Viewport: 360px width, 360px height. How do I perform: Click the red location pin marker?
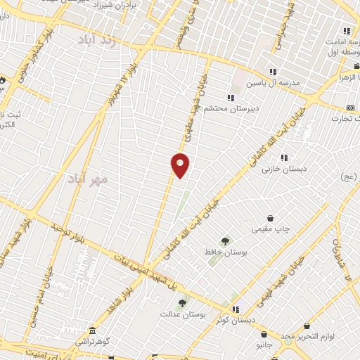[181, 165]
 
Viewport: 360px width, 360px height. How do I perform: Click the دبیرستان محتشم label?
[226, 109]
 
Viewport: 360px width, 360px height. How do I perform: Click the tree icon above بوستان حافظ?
[226, 240]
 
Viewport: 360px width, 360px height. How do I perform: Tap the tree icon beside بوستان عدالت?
[182, 304]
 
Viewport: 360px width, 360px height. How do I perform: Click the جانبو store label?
[266, 345]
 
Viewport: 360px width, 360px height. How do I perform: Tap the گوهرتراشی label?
[93, 342]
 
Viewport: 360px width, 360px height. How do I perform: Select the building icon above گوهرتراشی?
[93, 330]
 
